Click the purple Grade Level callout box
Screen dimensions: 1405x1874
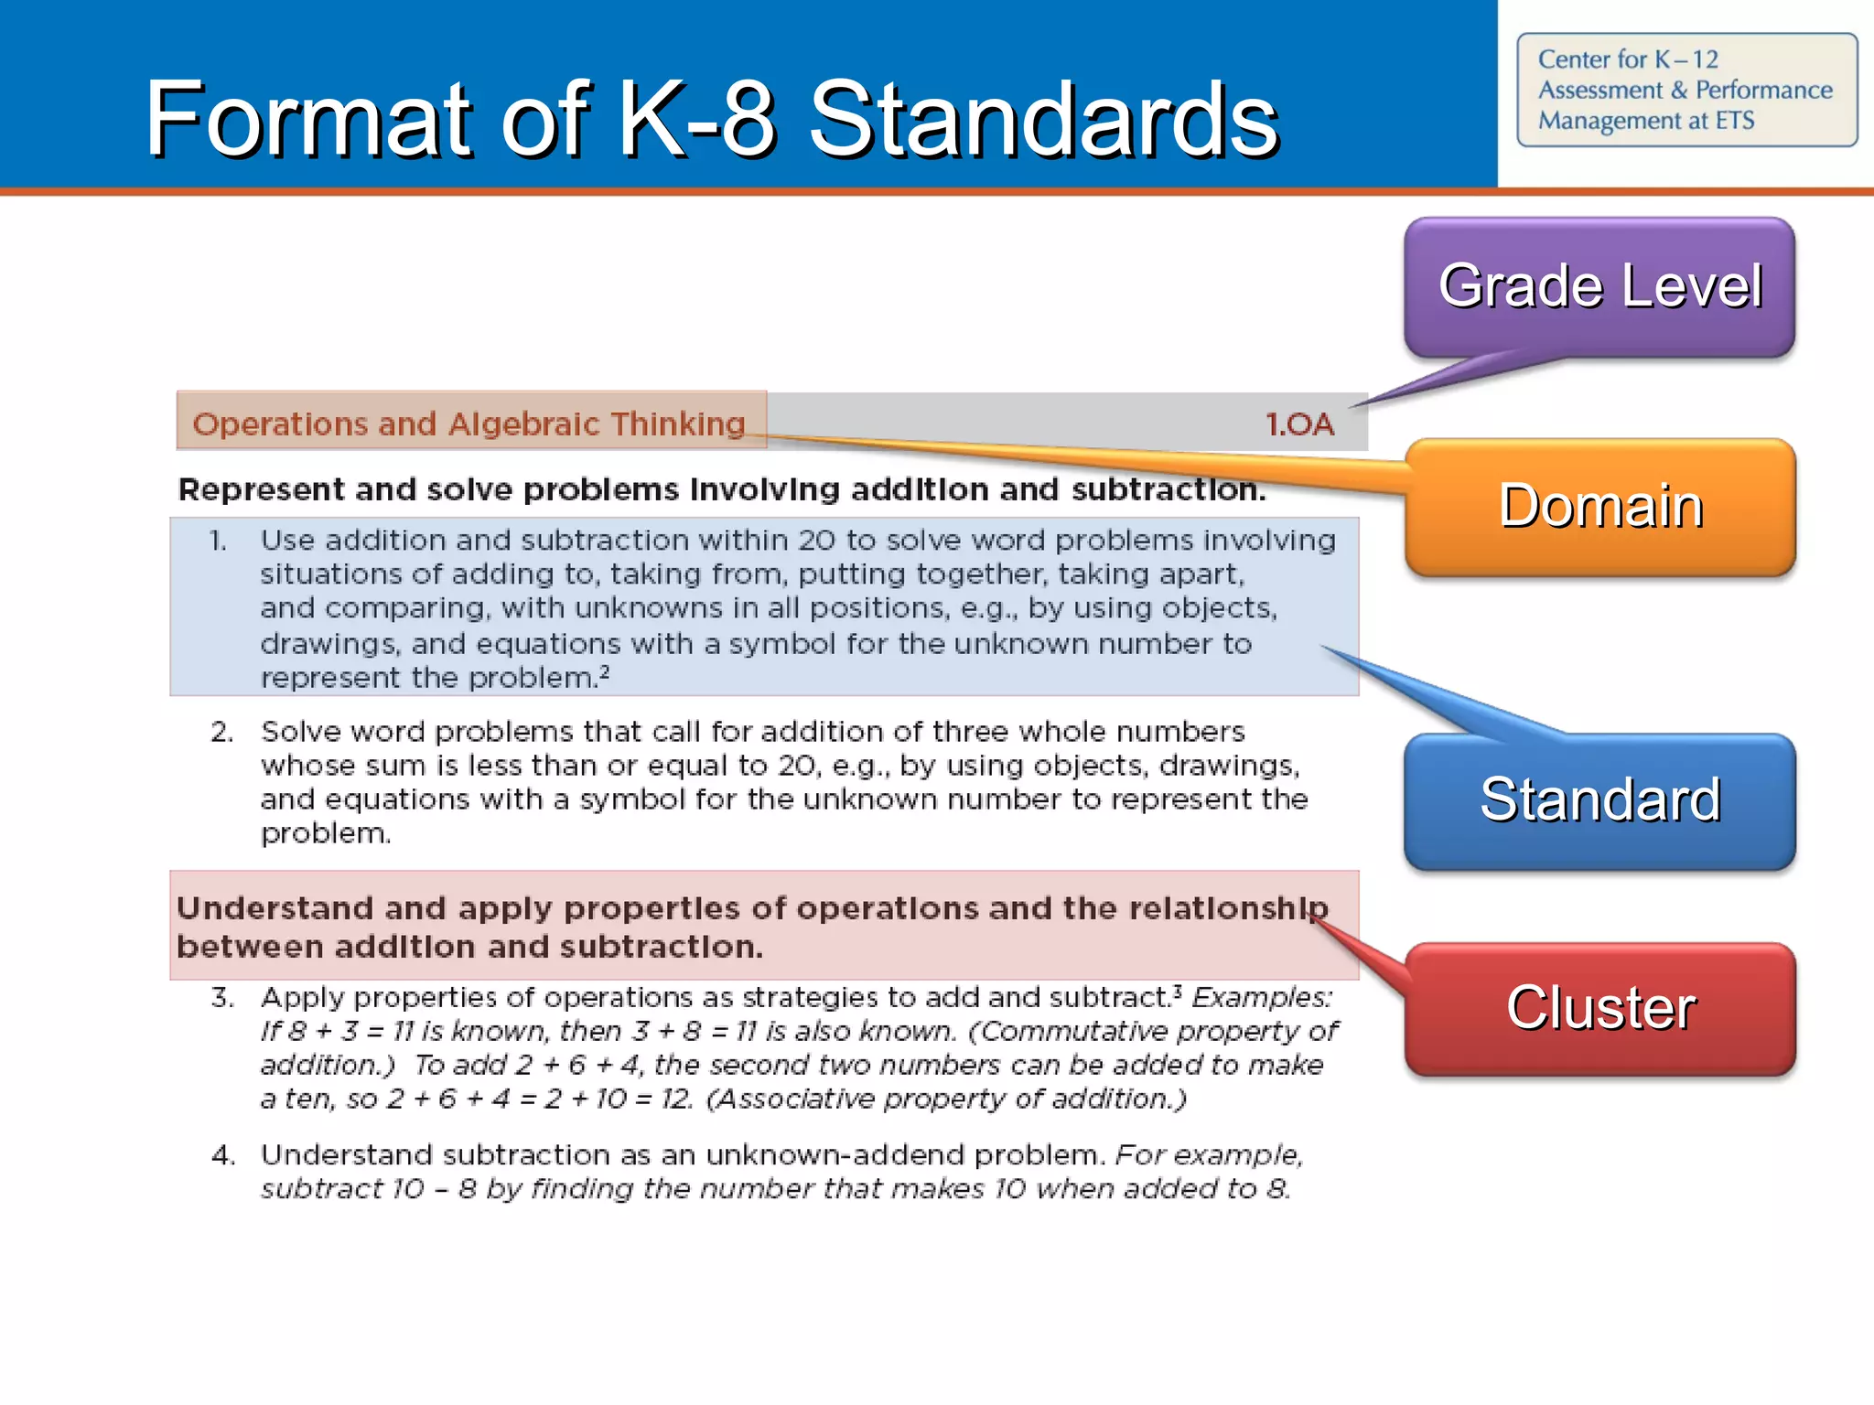(1599, 286)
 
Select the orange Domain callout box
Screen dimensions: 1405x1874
(1599, 507)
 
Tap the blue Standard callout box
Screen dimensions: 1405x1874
(1599, 800)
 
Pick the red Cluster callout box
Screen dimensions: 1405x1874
(1599, 1008)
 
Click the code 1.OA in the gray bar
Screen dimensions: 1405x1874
(1299, 424)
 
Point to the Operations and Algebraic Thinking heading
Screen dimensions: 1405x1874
(469, 424)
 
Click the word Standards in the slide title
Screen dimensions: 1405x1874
(1043, 119)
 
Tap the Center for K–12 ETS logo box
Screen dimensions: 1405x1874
(1686, 90)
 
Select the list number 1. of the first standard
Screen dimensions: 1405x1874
(218, 541)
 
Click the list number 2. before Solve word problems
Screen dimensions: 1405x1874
(222, 732)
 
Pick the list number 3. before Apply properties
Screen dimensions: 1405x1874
(222, 997)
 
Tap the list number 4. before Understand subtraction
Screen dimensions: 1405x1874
(222, 1155)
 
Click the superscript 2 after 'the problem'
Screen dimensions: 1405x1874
(604, 672)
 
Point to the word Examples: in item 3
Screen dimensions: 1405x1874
(1262, 997)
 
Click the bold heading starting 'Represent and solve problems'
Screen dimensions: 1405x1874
(721, 489)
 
